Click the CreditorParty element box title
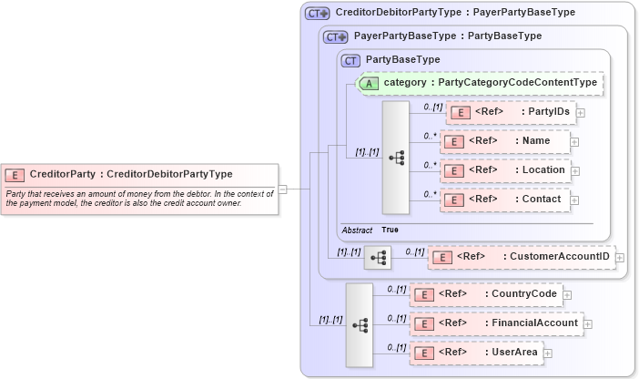coord(130,174)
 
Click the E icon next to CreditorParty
coord(15,174)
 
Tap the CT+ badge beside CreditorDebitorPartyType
coord(317,14)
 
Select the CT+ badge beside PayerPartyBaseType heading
coord(337,36)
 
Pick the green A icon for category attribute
coord(370,83)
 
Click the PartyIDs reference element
coord(511,112)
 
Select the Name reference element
coord(504,141)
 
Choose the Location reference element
coord(504,170)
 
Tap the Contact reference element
coord(504,199)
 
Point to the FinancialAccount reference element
coord(495,323)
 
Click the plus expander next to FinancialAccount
coord(588,323)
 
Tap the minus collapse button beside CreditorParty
coord(283,189)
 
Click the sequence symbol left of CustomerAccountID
coord(377,259)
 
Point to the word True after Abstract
coord(390,230)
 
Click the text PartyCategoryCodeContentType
coord(517,83)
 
